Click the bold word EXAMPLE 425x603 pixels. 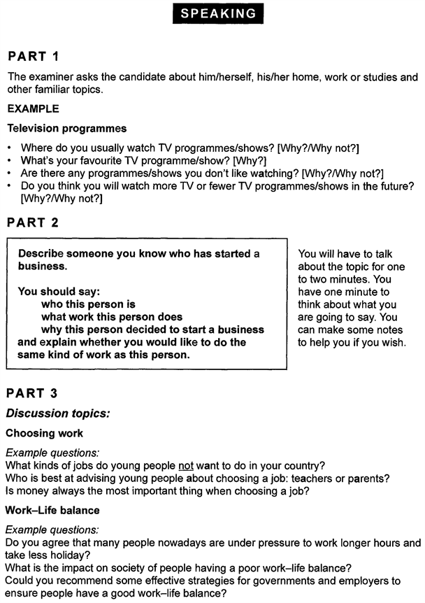33,108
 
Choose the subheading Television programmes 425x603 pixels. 67,128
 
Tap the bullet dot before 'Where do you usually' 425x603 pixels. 9,148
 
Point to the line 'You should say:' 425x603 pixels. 57,292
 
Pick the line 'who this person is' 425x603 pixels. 88,304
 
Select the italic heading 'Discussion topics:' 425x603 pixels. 57,413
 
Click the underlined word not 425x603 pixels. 185,465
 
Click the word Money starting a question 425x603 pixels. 34,491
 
